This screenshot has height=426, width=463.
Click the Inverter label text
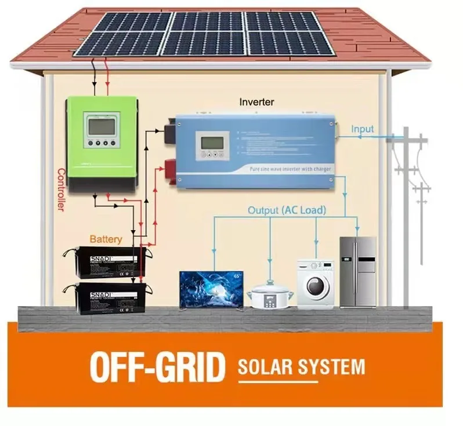coord(256,103)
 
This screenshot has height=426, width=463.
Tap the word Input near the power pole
coord(363,129)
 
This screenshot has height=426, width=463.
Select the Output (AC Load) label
coord(287,210)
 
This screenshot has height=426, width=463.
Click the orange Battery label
coord(106,239)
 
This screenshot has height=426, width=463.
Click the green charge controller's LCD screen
coord(102,126)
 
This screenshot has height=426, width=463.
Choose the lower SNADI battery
coord(109,298)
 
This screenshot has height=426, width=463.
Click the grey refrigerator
coord(358,272)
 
